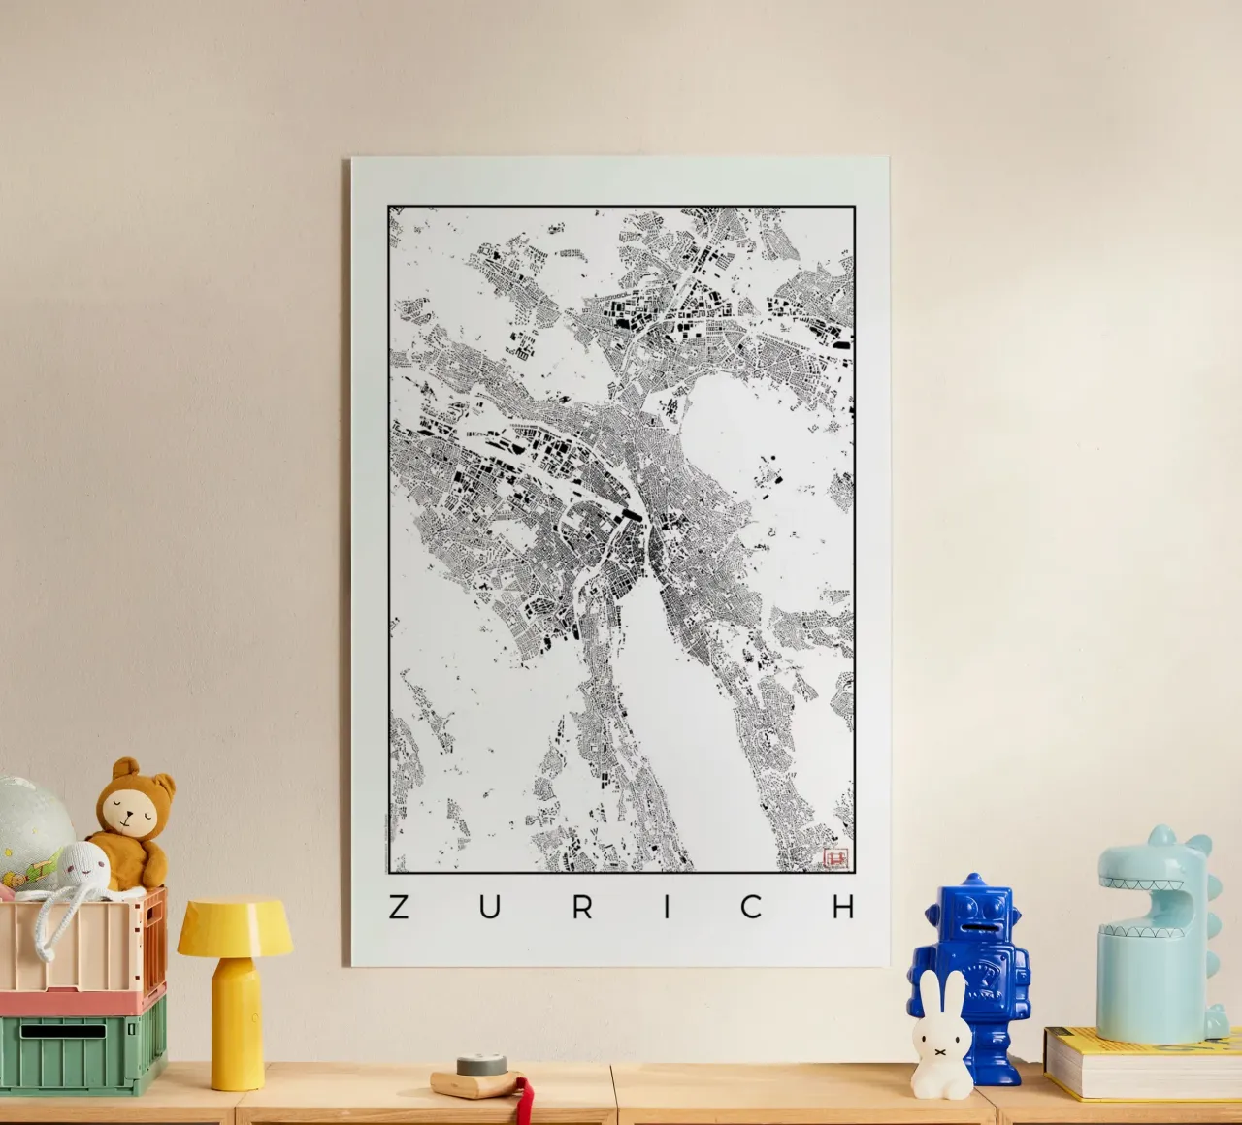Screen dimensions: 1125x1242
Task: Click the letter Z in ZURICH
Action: (x=398, y=907)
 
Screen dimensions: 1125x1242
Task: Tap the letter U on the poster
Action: (x=489, y=907)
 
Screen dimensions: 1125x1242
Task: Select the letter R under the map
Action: (x=581, y=907)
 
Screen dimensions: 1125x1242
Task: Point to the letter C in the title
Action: (x=752, y=907)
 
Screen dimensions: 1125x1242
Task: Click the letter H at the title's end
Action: (x=844, y=907)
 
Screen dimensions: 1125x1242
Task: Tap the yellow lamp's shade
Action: (x=235, y=926)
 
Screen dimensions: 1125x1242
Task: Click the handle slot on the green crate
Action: (x=63, y=1032)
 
